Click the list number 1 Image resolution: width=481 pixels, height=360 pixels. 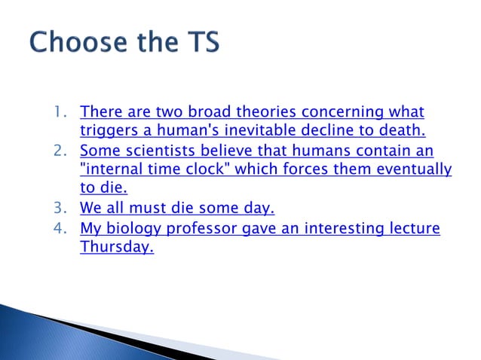59,113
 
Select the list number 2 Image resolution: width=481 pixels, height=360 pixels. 59,151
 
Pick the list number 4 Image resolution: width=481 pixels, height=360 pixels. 59,228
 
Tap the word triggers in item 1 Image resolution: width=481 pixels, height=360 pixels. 106,133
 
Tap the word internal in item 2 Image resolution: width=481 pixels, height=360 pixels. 110,170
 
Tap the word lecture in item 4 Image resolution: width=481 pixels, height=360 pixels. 415,228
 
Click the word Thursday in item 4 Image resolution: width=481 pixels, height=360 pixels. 116,248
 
